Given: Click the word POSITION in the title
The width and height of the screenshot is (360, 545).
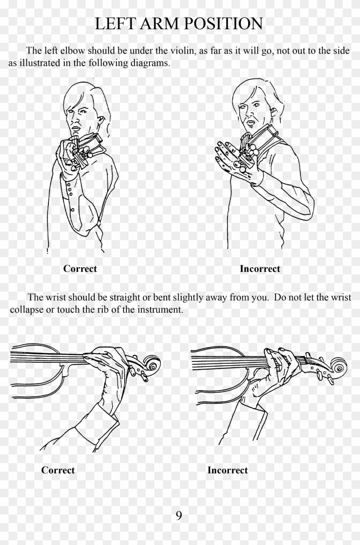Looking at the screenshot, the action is click(224, 24).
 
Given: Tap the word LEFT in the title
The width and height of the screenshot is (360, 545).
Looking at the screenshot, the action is click(115, 24).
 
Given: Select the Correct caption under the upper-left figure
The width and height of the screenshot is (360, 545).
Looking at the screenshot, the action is click(80, 269).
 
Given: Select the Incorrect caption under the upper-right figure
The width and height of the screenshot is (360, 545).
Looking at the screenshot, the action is click(260, 269).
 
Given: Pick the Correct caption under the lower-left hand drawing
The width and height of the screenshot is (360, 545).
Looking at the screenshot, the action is click(58, 470).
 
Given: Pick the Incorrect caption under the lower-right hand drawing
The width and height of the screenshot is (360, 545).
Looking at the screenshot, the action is click(228, 470).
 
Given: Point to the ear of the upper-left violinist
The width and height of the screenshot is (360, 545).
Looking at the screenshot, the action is click(101, 120).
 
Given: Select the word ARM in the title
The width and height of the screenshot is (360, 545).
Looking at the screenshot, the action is click(160, 24).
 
